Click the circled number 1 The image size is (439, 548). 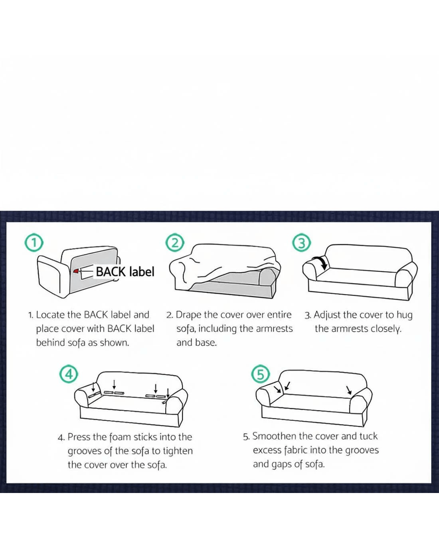tap(34, 243)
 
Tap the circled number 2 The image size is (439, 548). tap(175, 243)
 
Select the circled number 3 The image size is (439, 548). tap(301, 243)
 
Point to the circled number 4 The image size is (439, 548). tap(69, 374)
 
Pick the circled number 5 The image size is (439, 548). tap(260, 374)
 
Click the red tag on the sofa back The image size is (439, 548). tap(76, 271)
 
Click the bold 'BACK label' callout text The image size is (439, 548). tap(125, 272)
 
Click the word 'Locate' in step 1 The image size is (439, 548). tap(50, 315)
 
